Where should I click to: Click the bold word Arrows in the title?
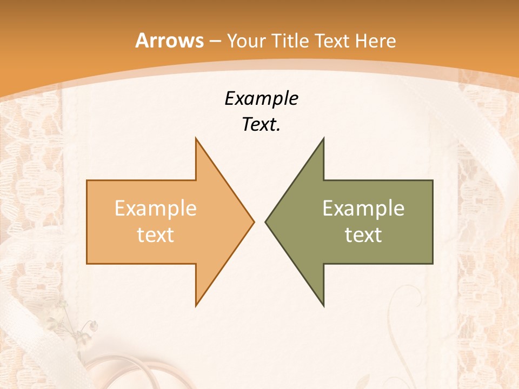(169, 41)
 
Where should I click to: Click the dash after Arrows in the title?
(215, 42)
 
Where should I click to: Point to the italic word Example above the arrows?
(261, 99)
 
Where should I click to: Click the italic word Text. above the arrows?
(261, 125)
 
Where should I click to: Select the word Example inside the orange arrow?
(156, 208)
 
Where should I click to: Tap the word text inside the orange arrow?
(156, 234)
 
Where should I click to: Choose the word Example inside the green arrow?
(363, 208)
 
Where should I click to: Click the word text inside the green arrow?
(363, 234)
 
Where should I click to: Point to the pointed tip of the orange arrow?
(254, 222)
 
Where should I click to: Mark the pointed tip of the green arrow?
(265, 222)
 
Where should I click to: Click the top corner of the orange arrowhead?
(196, 138)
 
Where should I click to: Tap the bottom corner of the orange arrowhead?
(196, 306)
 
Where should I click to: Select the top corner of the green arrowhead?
(323, 138)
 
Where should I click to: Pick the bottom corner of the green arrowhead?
(323, 306)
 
